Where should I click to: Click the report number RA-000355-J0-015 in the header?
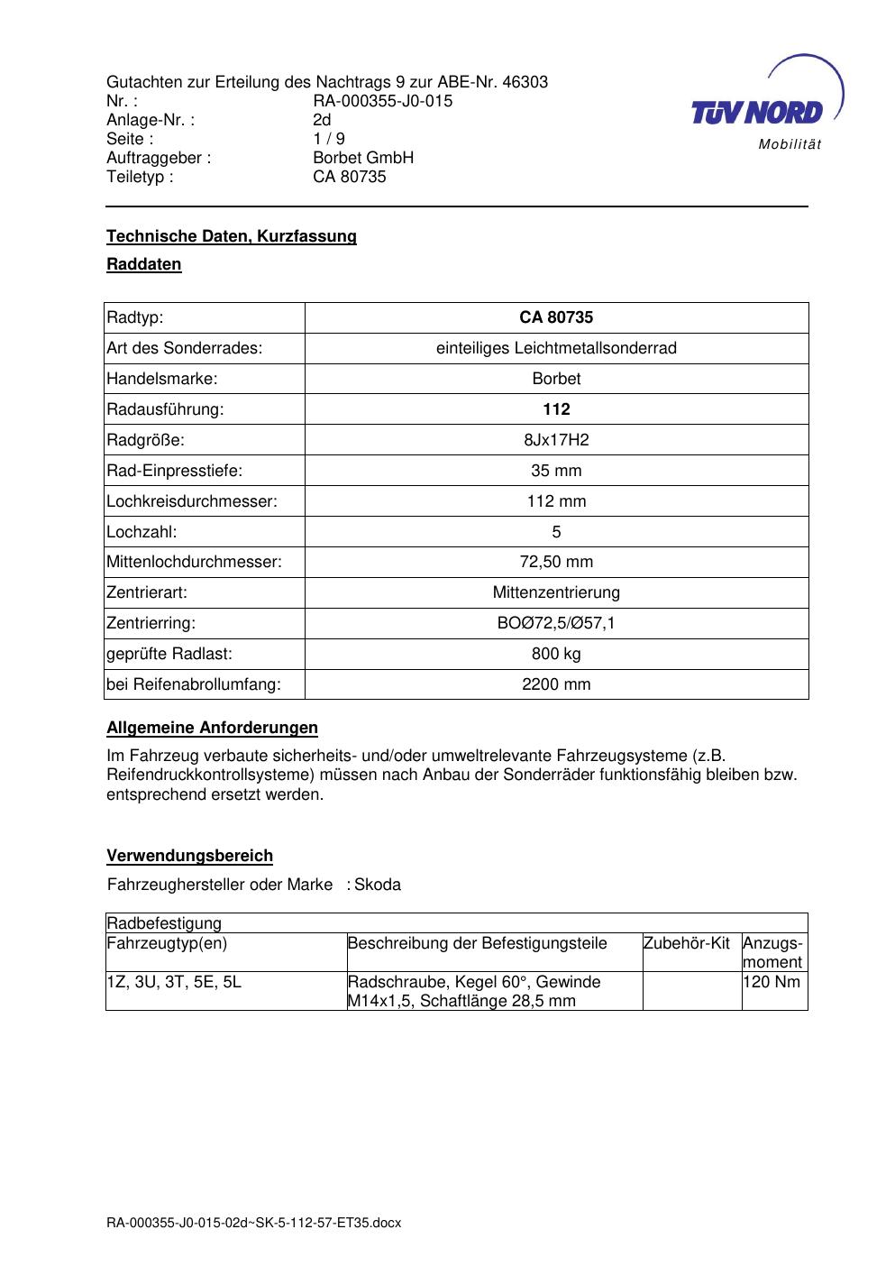point(382,101)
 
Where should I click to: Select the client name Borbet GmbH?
point(363,158)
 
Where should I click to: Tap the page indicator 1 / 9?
point(328,139)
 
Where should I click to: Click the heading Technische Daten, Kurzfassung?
point(232,236)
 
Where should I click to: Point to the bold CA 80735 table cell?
point(556,317)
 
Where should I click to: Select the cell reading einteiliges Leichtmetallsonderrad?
point(556,348)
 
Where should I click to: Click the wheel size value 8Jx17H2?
point(556,440)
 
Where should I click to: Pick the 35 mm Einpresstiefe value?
point(556,471)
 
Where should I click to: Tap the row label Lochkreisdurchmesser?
point(192,501)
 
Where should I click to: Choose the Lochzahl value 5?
point(556,532)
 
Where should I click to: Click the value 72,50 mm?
point(556,563)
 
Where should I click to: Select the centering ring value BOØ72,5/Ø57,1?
point(556,623)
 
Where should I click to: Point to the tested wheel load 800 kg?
point(556,654)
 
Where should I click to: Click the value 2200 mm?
point(556,684)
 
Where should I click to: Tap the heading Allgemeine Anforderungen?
point(212,728)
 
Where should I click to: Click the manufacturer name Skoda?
point(378,885)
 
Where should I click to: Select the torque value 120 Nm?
point(772,982)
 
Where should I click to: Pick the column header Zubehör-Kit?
point(686,944)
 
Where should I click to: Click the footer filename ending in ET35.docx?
point(253,1224)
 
